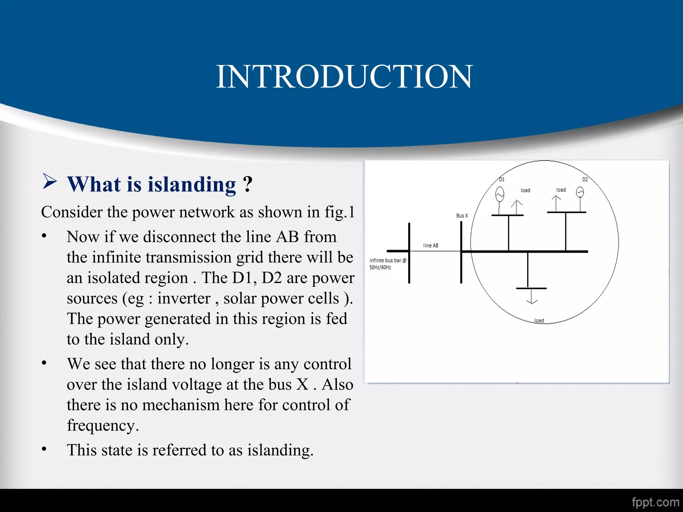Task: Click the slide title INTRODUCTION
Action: tap(344, 77)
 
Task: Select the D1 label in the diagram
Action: tap(502, 179)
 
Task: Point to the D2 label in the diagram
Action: tap(585, 179)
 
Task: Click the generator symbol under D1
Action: tap(500, 194)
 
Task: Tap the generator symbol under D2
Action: tap(580, 192)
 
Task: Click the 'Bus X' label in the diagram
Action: tap(462, 216)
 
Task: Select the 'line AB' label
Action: tap(431, 245)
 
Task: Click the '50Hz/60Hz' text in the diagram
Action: tap(380, 267)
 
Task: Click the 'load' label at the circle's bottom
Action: tap(539, 321)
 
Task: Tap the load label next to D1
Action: tap(525, 190)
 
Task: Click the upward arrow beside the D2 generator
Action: tap(556, 203)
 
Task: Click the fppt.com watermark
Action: tap(655, 502)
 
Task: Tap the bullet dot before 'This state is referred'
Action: tap(44, 449)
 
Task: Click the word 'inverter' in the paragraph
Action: tap(184, 298)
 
